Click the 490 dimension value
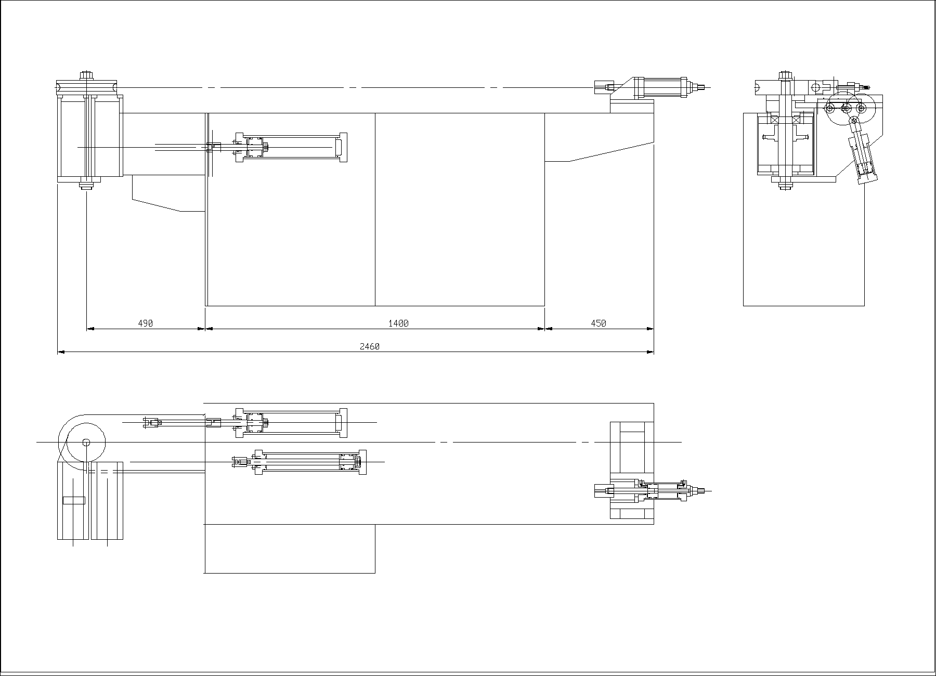tap(146, 323)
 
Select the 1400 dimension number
tap(399, 323)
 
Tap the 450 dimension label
tap(599, 323)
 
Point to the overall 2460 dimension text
tap(370, 347)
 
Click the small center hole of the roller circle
tap(86, 443)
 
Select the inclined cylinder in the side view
tap(863, 156)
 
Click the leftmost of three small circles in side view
tap(829, 108)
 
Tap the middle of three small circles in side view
tap(846, 108)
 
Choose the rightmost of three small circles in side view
tap(861, 108)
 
